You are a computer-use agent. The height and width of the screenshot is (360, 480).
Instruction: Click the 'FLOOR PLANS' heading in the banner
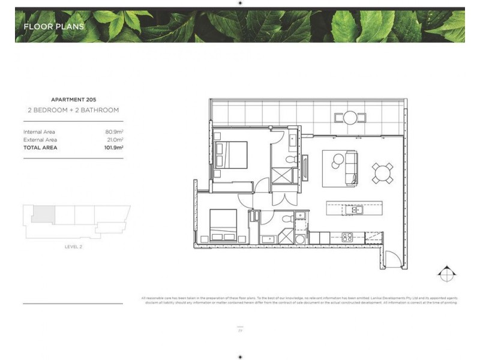tap(53, 26)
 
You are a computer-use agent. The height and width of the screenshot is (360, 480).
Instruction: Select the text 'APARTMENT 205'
tap(73, 99)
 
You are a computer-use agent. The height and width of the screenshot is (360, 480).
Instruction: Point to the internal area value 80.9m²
tap(114, 131)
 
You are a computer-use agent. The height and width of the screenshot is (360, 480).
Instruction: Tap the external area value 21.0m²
tap(114, 139)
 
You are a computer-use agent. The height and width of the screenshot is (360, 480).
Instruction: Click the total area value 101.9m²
tap(113, 147)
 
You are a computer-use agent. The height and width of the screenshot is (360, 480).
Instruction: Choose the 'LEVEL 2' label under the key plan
tap(73, 247)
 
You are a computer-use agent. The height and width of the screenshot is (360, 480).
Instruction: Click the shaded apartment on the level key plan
tap(43, 213)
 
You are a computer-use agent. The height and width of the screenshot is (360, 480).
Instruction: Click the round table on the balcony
tap(350, 118)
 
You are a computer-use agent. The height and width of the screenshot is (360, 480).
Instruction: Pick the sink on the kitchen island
tap(356, 209)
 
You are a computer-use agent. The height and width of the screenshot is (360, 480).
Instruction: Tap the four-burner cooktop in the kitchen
tap(347, 236)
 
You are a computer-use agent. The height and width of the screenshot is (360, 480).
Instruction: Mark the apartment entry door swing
tap(392, 260)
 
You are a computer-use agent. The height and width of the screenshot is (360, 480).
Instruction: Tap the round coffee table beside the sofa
tap(337, 160)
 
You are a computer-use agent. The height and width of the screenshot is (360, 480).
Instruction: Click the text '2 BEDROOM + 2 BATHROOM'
tap(73, 110)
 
